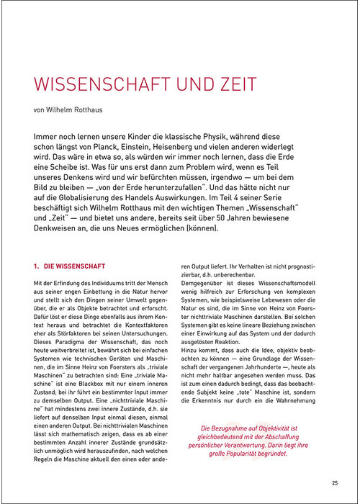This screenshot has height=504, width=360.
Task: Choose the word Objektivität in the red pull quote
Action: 278,428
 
